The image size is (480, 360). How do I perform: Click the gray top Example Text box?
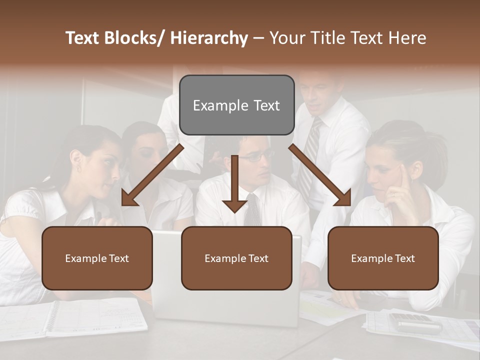(236, 105)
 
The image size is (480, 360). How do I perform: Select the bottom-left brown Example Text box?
(97, 258)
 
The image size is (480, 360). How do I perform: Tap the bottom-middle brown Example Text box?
(236, 258)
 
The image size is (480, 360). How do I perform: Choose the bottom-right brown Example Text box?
(383, 258)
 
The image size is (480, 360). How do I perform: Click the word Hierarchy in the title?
(209, 38)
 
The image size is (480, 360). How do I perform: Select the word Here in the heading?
(408, 38)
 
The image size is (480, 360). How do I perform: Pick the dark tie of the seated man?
(253, 210)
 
